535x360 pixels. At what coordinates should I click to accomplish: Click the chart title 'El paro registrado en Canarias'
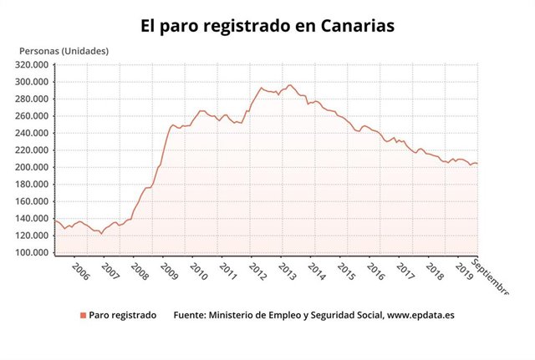point(267,26)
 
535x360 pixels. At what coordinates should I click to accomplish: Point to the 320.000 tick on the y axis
point(33,64)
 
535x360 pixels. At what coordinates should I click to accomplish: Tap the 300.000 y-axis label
point(33,82)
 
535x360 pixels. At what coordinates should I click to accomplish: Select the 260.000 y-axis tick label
point(33,116)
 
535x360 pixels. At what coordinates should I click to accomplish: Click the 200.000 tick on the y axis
point(33,167)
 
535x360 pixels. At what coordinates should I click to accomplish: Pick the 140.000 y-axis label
point(33,218)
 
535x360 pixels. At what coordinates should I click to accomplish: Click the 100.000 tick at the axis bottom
point(33,252)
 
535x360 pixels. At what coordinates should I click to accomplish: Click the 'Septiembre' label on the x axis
point(492,276)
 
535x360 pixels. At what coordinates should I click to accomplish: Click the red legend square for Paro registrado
point(83,316)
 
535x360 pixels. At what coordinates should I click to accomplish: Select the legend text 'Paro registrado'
point(122,316)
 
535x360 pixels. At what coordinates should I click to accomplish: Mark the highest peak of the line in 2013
point(290,85)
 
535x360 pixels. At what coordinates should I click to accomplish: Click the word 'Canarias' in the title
point(350,26)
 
